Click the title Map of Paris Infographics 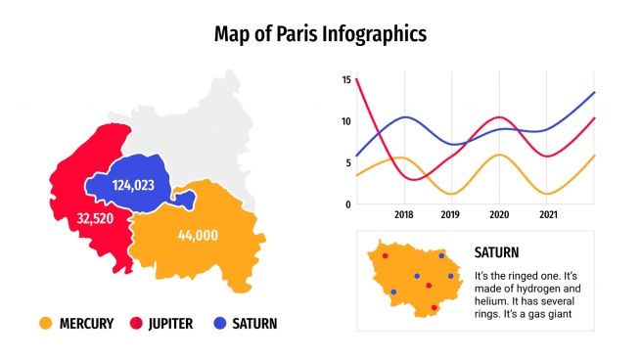(320, 35)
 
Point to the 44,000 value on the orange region (199, 235)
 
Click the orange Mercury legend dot (45, 323)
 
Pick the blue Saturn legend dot (220, 323)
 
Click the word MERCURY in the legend (86, 323)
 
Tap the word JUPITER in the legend (171, 323)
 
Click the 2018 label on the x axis (403, 215)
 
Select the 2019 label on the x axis (450, 215)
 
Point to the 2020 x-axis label (499, 215)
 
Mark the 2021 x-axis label (548, 215)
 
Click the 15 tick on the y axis (346, 80)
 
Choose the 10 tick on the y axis (346, 121)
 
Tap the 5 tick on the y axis (348, 162)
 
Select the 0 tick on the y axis (348, 203)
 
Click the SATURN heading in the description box (496, 252)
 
